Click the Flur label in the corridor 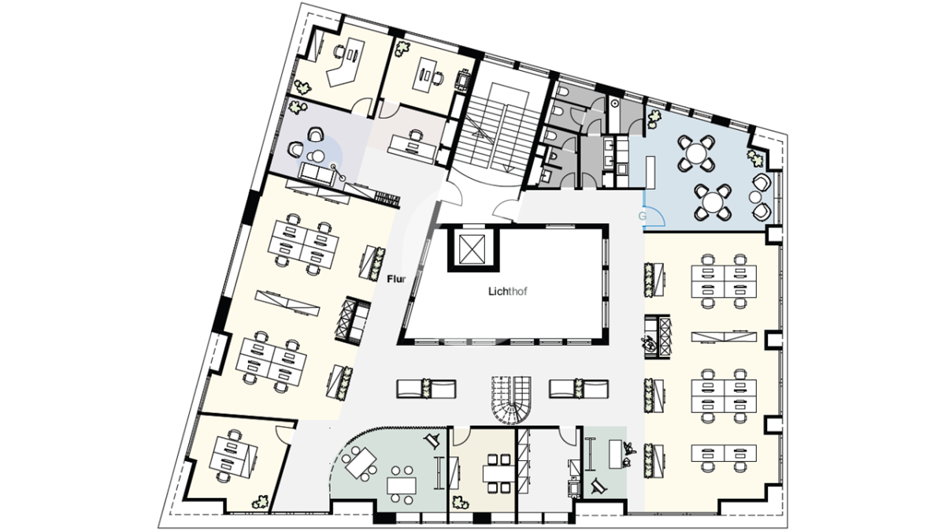pyautogui.click(x=397, y=279)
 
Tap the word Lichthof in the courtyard pyautogui.click(x=507, y=292)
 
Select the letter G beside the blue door pyautogui.click(x=642, y=216)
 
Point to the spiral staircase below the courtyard pyautogui.click(x=511, y=400)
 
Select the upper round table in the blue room pyautogui.click(x=696, y=153)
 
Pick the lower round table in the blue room pyautogui.click(x=713, y=203)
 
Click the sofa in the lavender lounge pyautogui.click(x=317, y=174)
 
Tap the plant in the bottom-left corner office pyautogui.click(x=260, y=503)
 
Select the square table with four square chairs pyautogui.click(x=498, y=474)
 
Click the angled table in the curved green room pyautogui.click(x=361, y=463)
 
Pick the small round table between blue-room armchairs pyautogui.click(x=754, y=197)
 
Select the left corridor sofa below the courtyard pyautogui.click(x=426, y=389)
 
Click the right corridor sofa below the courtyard pyautogui.click(x=578, y=389)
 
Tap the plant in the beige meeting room pyautogui.click(x=461, y=503)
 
